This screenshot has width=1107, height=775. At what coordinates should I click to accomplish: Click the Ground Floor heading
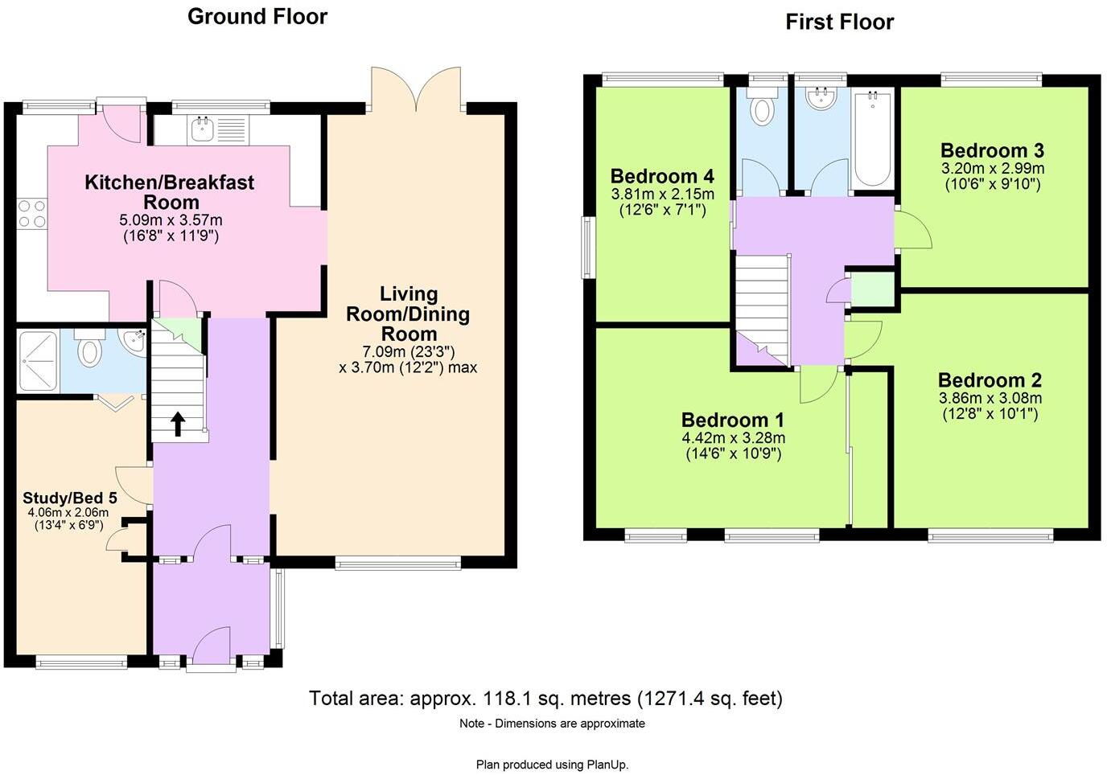click(257, 17)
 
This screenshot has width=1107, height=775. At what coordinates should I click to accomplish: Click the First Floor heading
click(840, 23)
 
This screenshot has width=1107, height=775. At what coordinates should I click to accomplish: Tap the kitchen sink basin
click(202, 129)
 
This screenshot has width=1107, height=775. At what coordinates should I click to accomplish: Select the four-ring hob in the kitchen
click(31, 213)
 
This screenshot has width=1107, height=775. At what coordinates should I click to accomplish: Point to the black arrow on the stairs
click(178, 424)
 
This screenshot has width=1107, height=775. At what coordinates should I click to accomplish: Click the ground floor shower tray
click(38, 361)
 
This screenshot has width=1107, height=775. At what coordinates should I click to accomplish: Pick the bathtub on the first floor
click(873, 138)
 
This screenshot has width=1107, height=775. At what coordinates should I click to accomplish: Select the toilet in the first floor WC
click(762, 106)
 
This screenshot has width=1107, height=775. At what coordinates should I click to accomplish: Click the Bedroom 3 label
click(992, 150)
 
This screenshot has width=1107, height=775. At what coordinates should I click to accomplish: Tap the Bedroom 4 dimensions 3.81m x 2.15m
click(663, 194)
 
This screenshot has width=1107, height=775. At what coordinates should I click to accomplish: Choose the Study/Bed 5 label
click(70, 498)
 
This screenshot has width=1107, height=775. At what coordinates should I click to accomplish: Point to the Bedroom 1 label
click(733, 420)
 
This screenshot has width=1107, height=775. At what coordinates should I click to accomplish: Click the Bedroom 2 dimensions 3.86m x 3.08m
click(990, 398)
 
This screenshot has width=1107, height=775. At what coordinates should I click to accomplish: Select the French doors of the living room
click(416, 89)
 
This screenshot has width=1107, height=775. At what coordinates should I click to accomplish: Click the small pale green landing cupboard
click(873, 289)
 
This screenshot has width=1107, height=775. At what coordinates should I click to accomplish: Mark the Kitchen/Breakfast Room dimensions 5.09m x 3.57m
click(171, 219)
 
